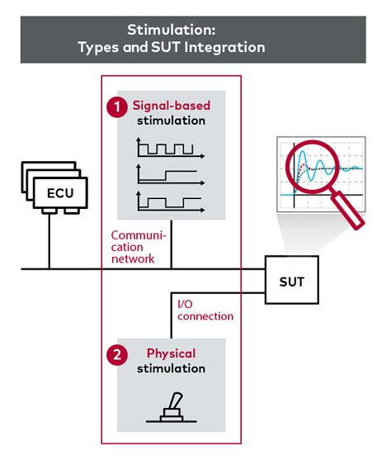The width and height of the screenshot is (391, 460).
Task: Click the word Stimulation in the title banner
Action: click(x=172, y=30)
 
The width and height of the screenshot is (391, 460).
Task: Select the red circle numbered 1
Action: click(x=117, y=107)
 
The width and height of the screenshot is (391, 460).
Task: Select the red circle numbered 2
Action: click(x=117, y=354)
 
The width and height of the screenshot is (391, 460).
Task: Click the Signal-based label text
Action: click(x=172, y=106)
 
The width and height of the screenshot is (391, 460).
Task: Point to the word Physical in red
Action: click(x=172, y=353)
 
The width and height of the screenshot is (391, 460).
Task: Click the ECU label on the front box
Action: click(x=60, y=193)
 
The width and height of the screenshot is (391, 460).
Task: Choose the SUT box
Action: click(x=292, y=280)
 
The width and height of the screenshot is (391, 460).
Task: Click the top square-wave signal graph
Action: click(x=170, y=148)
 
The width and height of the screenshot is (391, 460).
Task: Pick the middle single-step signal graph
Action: click(x=170, y=174)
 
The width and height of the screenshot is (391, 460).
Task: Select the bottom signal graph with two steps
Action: click(x=170, y=202)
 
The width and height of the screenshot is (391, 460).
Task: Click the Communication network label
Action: click(x=139, y=247)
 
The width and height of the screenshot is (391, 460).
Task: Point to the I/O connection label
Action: click(x=205, y=310)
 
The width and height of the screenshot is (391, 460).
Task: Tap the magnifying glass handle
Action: click(x=348, y=210)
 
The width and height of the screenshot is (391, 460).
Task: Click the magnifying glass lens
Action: click(x=313, y=167)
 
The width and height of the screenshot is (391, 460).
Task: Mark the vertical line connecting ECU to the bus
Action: click(x=49, y=241)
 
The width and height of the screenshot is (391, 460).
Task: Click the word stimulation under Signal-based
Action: click(x=172, y=121)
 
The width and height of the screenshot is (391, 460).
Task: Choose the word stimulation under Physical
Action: click(x=172, y=368)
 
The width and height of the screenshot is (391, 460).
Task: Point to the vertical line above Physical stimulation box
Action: click(x=172, y=315)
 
